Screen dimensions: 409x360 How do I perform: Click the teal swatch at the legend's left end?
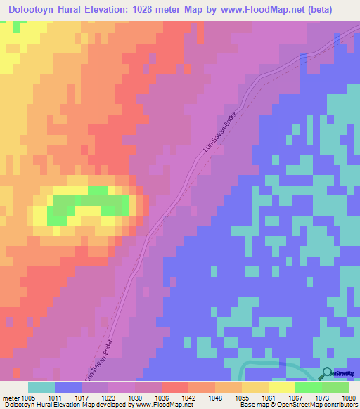click(x=41, y=387)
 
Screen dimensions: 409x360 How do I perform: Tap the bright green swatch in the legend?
click(x=309, y=387)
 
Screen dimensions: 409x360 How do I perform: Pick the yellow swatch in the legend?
click(x=282, y=387)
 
